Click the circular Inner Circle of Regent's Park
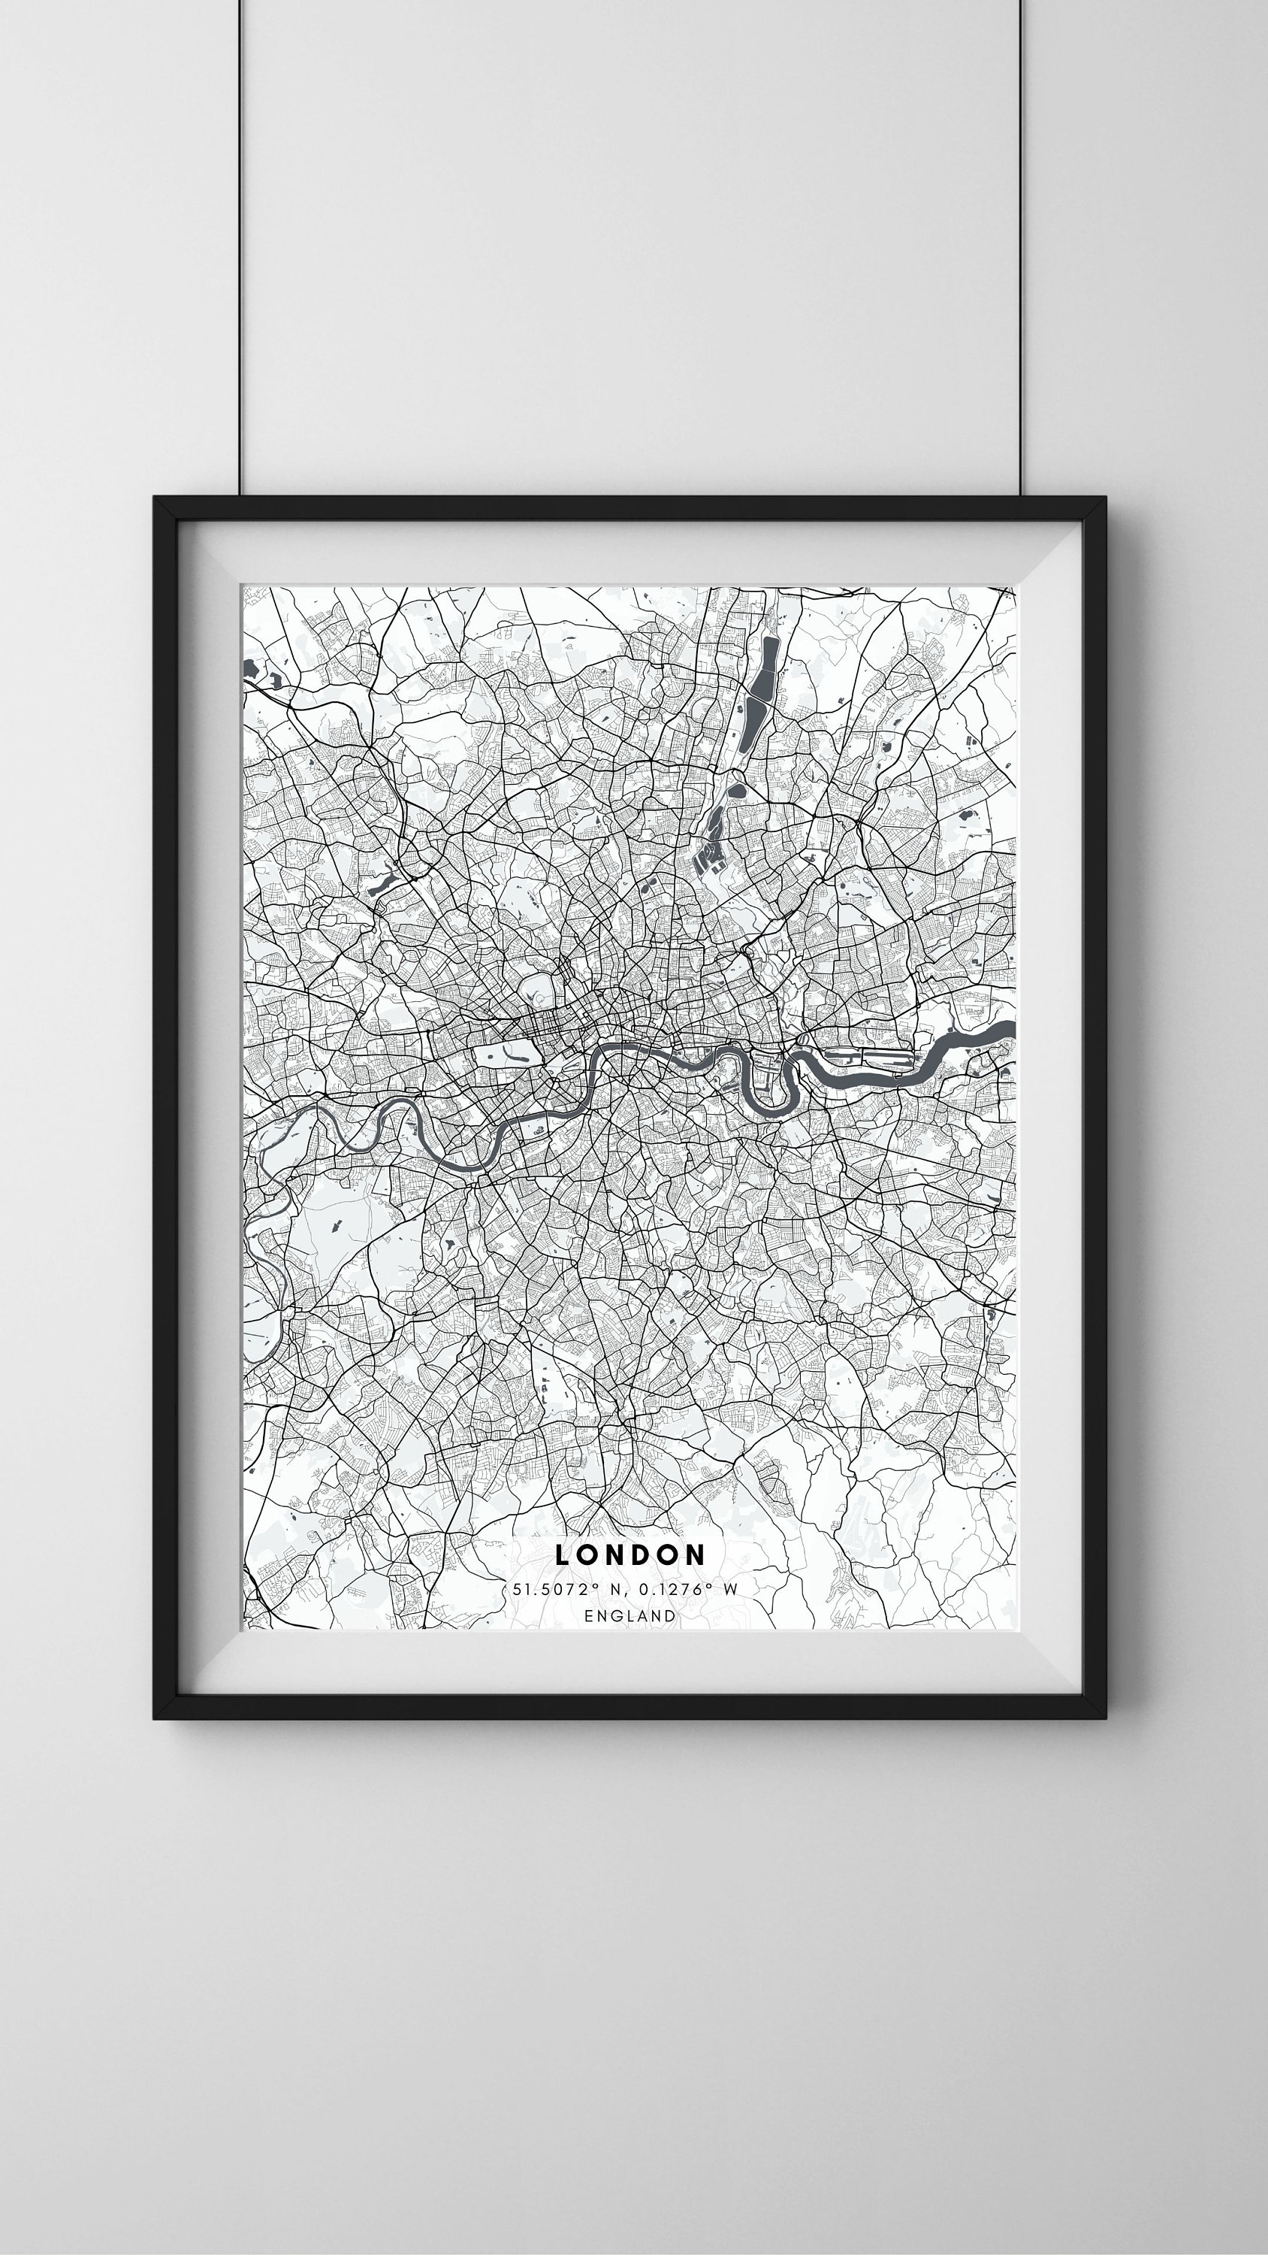pos(536,994)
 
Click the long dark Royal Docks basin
pos(862,1058)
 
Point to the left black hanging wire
pos(240,245)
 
